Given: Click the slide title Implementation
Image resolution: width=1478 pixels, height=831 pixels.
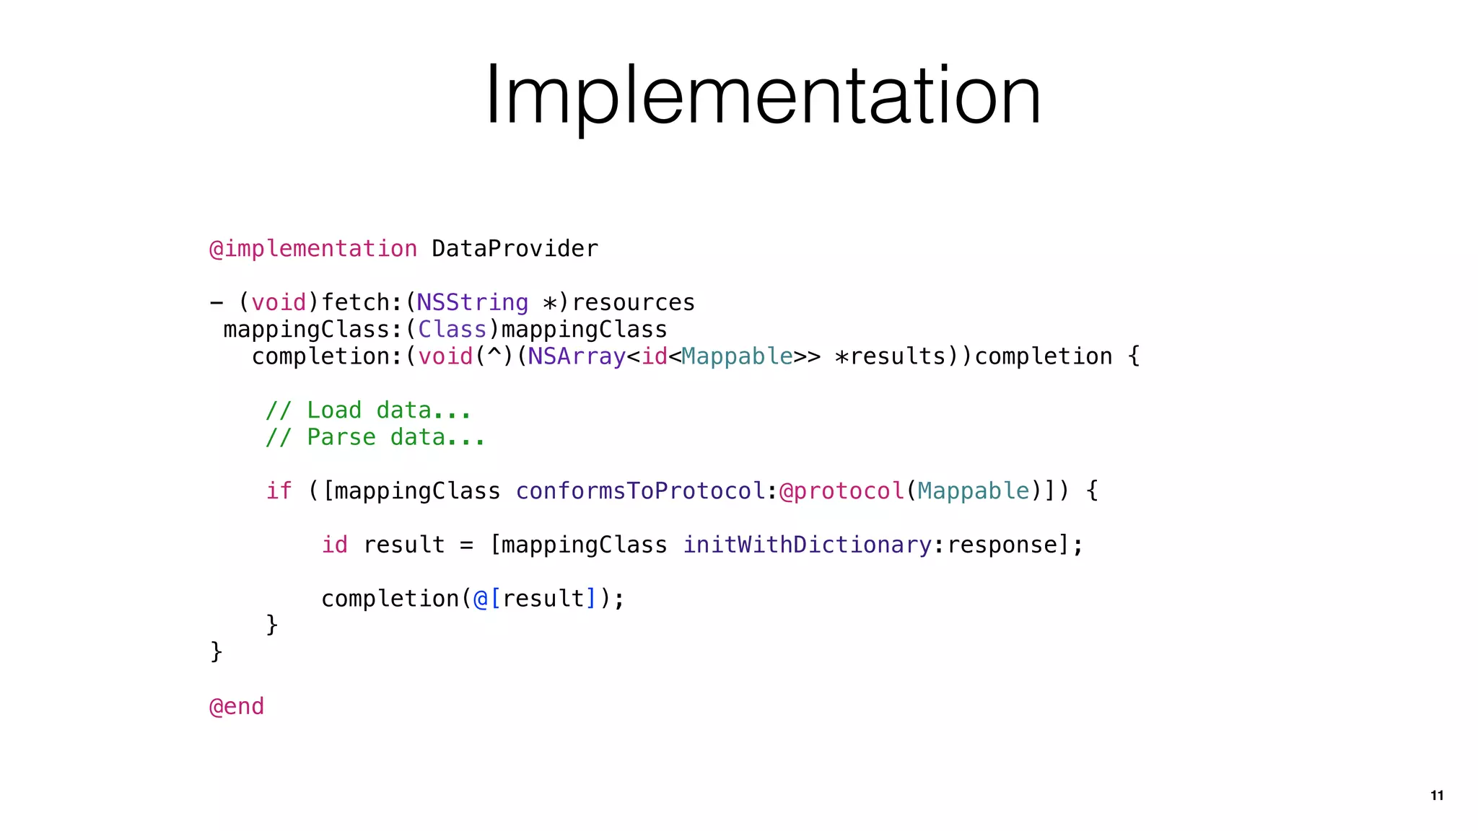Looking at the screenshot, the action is [x=763, y=95].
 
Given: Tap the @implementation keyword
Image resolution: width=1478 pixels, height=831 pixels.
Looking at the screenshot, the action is [x=312, y=249].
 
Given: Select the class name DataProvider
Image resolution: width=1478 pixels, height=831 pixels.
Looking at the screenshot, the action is [x=515, y=249].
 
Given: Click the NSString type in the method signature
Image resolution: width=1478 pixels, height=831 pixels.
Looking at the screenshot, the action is [x=472, y=302].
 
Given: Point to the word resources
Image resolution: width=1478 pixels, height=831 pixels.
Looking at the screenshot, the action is [x=633, y=302].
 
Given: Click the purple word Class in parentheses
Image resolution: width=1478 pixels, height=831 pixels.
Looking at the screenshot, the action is [x=452, y=330].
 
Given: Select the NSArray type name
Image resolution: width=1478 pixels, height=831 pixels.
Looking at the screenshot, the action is [x=576, y=356].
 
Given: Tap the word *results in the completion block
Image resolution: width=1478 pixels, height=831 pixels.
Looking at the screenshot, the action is [x=889, y=356].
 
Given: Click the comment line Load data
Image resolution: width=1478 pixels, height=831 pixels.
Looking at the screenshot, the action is [x=368, y=410].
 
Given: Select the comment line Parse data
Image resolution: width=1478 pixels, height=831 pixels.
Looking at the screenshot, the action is [x=375, y=437].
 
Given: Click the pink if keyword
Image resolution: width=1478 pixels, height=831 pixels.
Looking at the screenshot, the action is [x=279, y=491].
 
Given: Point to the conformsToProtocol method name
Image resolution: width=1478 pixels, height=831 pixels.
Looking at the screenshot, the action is [x=640, y=491].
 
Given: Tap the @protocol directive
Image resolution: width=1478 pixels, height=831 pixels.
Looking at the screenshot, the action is [x=841, y=491].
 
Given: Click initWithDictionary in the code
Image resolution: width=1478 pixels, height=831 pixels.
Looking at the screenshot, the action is [x=807, y=545].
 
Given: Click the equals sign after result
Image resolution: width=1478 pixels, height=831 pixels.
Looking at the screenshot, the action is [x=467, y=545].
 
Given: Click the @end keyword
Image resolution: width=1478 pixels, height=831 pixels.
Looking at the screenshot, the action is [x=237, y=706].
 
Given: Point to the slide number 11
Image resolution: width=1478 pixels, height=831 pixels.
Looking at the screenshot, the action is [x=1436, y=796].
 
